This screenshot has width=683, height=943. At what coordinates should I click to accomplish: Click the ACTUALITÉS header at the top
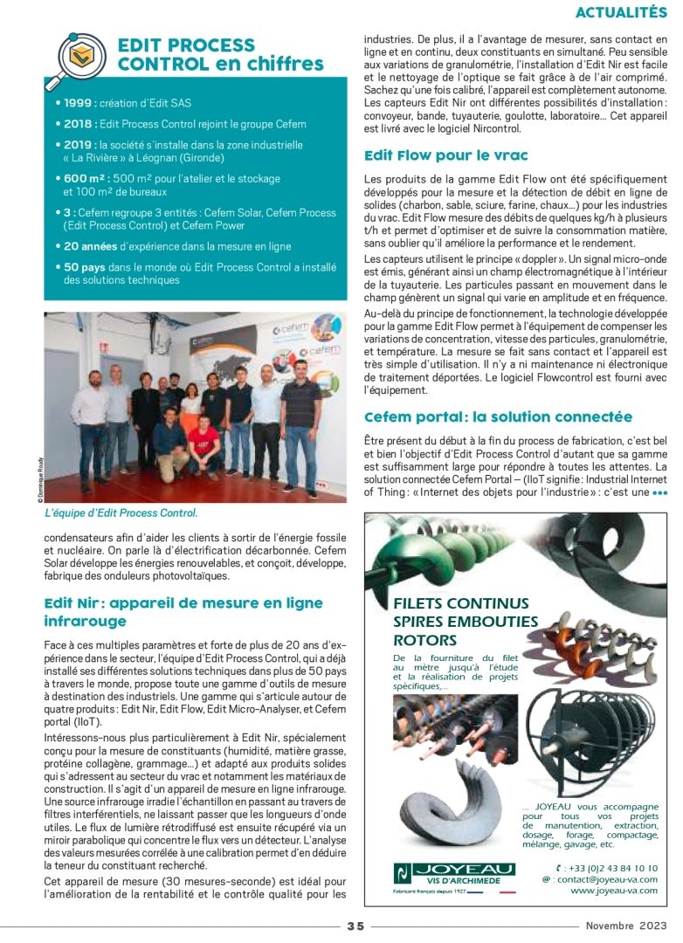coord(621,12)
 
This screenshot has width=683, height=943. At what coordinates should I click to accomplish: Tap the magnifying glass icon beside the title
coord(80,56)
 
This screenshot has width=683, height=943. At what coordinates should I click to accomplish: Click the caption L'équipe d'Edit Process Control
coord(121,513)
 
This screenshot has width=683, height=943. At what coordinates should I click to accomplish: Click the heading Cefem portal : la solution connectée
coord(498,416)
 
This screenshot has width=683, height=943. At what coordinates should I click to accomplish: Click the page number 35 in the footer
coord(355,926)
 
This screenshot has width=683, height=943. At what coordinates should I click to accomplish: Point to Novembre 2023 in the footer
coord(626,926)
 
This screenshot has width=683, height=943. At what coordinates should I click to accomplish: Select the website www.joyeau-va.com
coord(614,891)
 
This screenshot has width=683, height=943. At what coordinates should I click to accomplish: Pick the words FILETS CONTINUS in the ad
coord(461,603)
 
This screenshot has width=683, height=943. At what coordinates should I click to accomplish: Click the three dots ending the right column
coord(659,492)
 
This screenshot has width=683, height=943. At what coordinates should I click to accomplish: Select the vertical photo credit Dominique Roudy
coord(40,480)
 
